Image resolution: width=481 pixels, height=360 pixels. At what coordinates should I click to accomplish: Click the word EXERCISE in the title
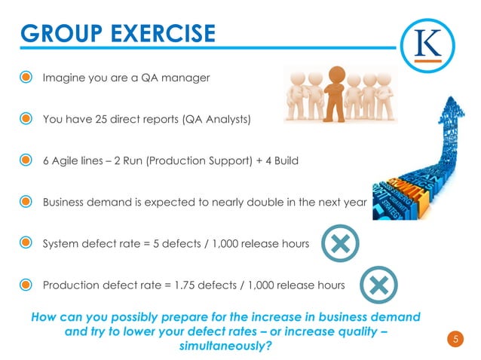[164, 34]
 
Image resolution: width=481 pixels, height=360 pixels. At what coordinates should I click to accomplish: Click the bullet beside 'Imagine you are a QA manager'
[26, 78]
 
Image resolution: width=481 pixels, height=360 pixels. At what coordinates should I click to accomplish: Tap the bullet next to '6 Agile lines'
[26, 160]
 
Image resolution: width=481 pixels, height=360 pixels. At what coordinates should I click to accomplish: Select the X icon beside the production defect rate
[378, 285]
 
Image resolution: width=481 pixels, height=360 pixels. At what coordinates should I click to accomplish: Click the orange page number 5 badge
[455, 339]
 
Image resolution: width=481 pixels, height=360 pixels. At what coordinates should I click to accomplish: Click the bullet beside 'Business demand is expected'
[26, 202]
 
